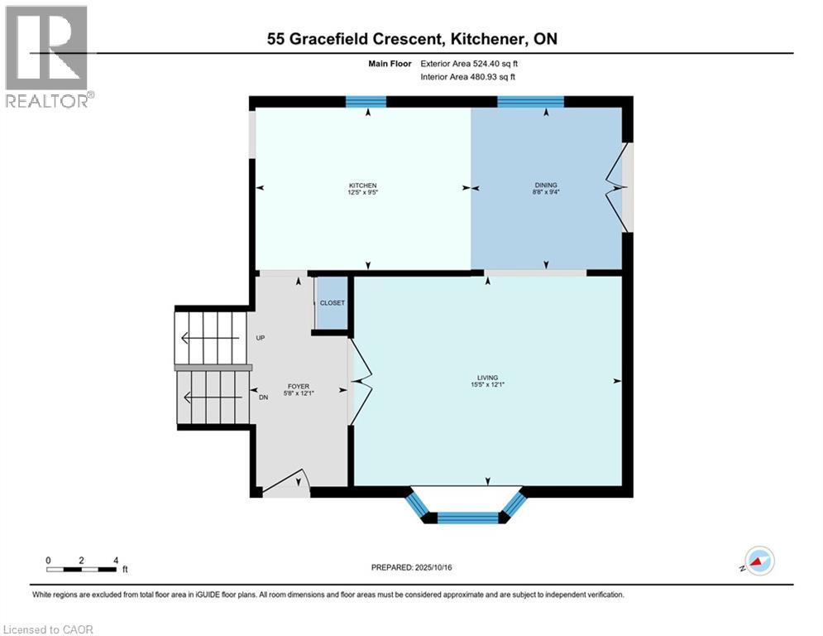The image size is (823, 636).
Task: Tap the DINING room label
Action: [x=546, y=185]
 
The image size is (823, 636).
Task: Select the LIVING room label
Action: [x=487, y=378]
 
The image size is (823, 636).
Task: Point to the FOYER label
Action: [x=298, y=386]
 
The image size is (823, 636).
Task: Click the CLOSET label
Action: [x=332, y=303]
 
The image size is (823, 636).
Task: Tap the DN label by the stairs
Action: [x=263, y=397]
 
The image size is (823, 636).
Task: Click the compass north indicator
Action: [x=758, y=561]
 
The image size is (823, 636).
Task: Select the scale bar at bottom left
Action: [x=82, y=569]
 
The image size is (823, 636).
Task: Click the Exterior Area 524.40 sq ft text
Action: [x=472, y=62]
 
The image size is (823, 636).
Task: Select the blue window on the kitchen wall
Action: [x=366, y=102]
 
